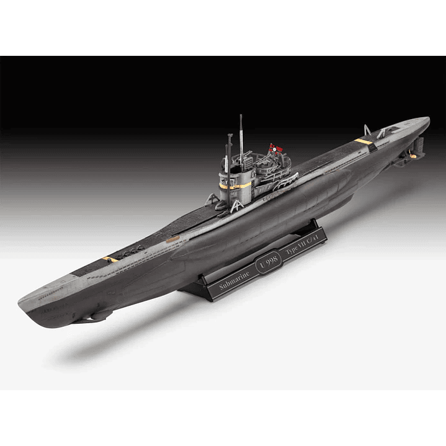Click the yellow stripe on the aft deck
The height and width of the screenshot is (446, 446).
pyautogui.click(x=364, y=141)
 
